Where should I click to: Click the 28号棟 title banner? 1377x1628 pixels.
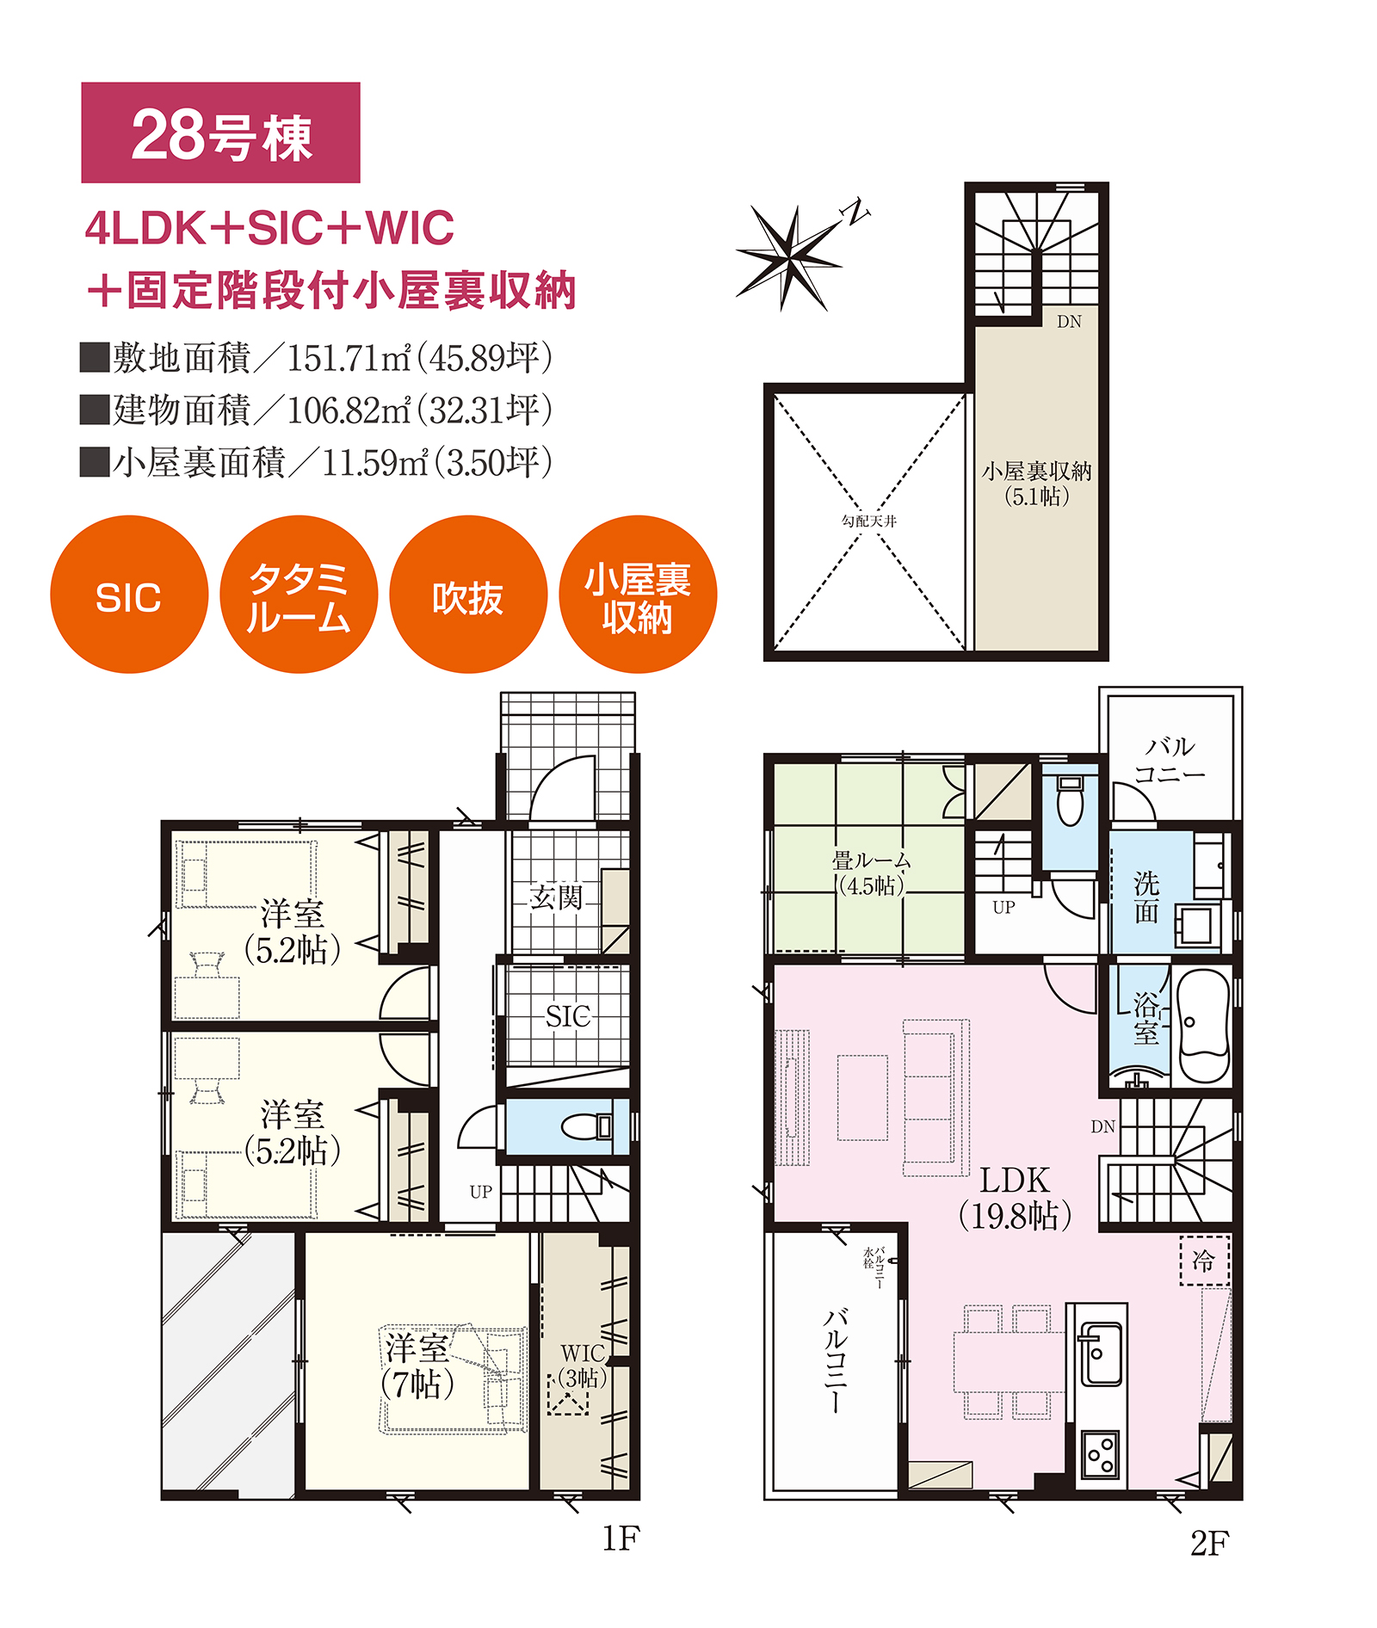220,133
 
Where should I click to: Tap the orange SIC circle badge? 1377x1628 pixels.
129,594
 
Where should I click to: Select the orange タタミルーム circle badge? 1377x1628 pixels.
299,594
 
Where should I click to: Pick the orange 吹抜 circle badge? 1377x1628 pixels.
468,594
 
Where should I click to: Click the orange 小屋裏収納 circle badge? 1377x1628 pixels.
638,594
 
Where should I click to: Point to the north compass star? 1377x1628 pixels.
790,256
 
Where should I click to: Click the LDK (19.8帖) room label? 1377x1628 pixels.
1016,1198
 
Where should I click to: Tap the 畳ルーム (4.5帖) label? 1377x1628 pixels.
871,873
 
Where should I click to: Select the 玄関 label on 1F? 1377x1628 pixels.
556,897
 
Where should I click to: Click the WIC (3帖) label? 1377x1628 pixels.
583,1366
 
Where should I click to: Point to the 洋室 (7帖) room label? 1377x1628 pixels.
417,1366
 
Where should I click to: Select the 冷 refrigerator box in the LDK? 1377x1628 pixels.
1204,1261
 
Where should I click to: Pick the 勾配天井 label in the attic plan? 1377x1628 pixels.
869,521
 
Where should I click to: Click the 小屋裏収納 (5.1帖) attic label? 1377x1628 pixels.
1036,483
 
